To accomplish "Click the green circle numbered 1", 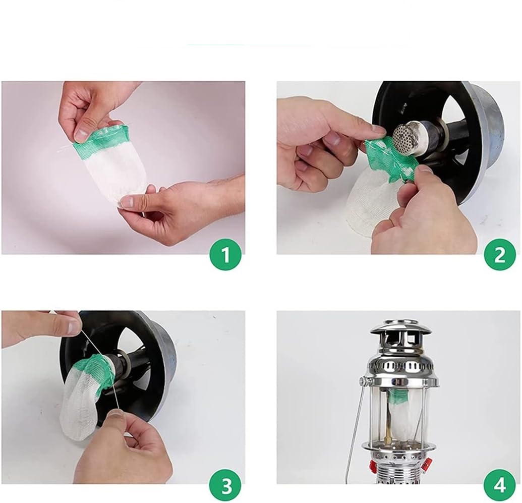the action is [x=225, y=255].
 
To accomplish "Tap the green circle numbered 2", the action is [x=500, y=255].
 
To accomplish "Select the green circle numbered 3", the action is [x=225, y=486].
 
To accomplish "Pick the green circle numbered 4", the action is [x=500, y=486].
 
